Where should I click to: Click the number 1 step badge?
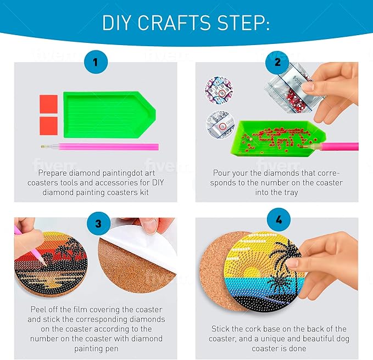point(96,62)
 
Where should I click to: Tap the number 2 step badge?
point(277,62)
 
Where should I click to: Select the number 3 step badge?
point(98,223)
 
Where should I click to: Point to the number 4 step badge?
point(279,220)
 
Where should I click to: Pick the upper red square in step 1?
point(48,104)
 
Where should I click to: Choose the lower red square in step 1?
point(48,126)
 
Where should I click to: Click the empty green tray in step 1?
point(109,115)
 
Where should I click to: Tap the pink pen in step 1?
point(99,147)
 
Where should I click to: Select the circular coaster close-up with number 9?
point(219,90)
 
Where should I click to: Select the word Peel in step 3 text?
point(38,310)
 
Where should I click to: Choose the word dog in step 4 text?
point(342,339)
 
